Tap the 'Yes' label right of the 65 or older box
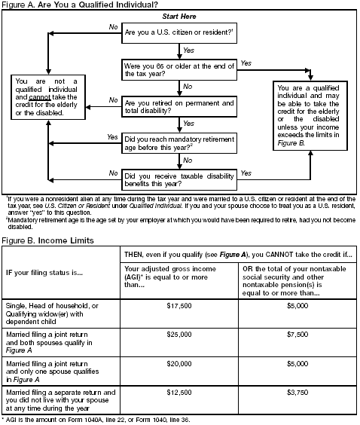click(x=246, y=63)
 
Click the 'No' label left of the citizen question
click(x=113, y=26)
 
